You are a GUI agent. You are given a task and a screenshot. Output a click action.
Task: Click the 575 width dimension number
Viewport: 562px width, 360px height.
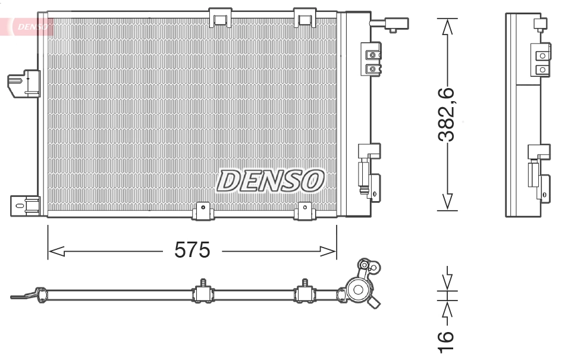(x=192, y=251)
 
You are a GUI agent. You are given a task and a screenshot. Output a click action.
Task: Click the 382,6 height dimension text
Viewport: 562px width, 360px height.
(x=447, y=115)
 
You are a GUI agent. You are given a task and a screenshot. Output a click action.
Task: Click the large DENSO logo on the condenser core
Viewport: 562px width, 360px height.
(x=271, y=180)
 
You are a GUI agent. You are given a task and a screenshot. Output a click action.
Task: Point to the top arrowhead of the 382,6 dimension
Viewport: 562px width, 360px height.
(x=447, y=27)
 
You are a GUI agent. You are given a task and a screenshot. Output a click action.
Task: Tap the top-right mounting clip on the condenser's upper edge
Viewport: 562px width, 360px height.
(x=306, y=17)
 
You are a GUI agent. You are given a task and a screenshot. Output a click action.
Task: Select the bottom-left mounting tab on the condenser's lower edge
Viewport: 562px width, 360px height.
(x=203, y=210)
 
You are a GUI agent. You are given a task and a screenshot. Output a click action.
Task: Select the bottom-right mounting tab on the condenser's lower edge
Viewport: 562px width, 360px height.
(x=305, y=210)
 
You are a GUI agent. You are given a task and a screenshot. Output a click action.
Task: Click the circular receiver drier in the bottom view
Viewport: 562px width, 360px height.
(x=359, y=290)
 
